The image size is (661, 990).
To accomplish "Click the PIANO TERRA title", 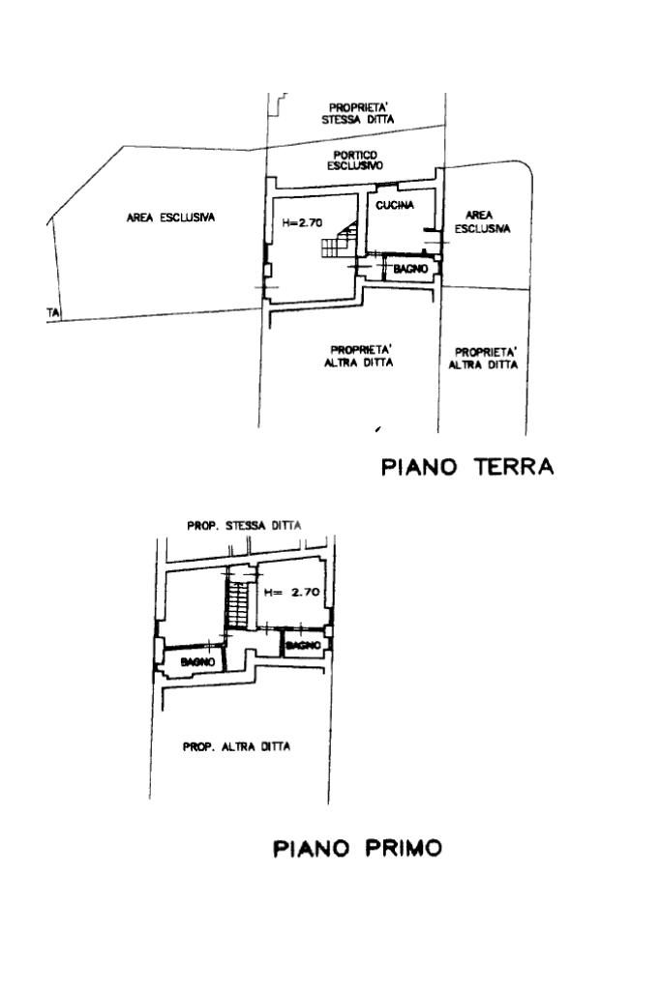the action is (467, 468).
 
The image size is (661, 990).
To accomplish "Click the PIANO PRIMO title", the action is (357, 849).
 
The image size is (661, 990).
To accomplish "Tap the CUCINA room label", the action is (395, 205).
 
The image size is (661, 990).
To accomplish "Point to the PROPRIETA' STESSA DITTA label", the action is (360, 114).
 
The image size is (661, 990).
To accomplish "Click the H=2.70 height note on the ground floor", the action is (302, 222).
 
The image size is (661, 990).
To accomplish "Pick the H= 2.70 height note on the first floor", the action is (291, 592).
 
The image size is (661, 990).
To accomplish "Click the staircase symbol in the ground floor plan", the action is (341, 239).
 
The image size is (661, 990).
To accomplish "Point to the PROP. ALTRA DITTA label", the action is (237, 746).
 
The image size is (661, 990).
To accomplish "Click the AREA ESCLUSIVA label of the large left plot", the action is (170, 218).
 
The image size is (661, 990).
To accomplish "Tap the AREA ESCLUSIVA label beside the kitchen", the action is (487, 222).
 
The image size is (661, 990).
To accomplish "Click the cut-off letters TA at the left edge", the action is (55, 312).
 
